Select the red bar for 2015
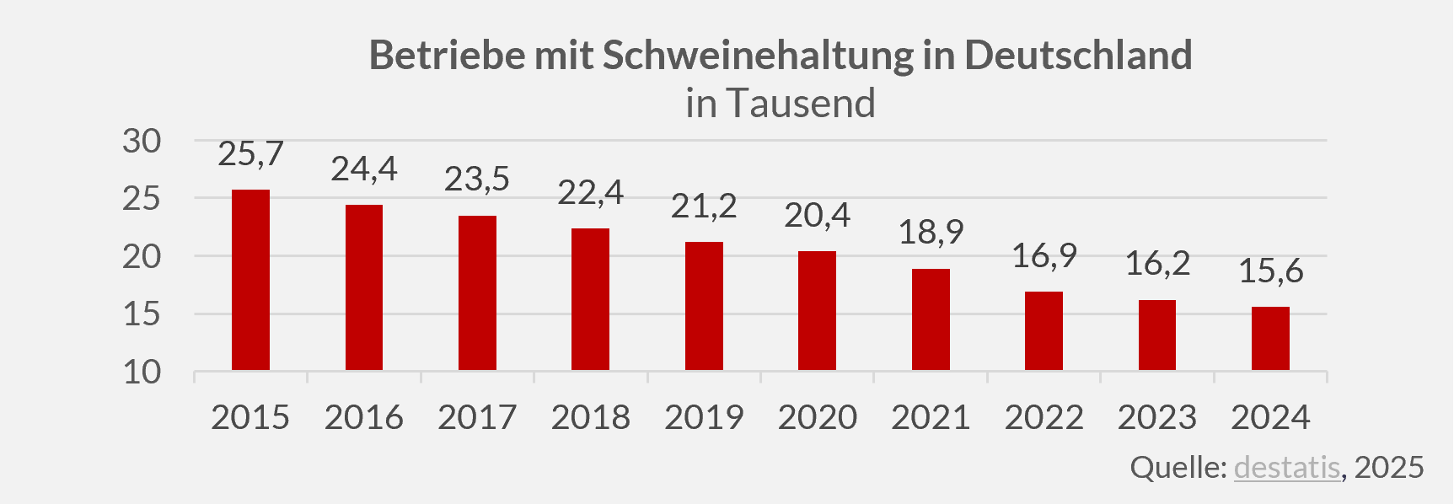pyautogui.click(x=250, y=280)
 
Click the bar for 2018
pyautogui.click(x=590, y=299)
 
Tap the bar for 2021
pyautogui.click(x=931, y=319)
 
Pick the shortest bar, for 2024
pyautogui.click(x=1270, y=338)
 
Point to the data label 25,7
pyautogui.click(x=250, y=154)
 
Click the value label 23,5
pyautogui.click(x=477, y=180)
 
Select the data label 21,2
pyautogui.click(x=704, y=206)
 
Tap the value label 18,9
pyautogui.click(x=931, y=233)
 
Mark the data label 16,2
pyautogui.click(x=1157, y=265)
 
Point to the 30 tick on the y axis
pyautogui.click(x=142, y=142)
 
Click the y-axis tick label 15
pyautogui.click(x=142, y=314)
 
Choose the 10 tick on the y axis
pyautogui.click(x=142, y=372)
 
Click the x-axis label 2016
pyautogui.click(x=364, y=418)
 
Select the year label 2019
pyautogui.click(x=704, y=418)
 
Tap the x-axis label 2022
pyautogui.click(x=1044, y=418)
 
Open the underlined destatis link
pyautogui.click(x=1286, y=467)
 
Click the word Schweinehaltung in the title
pyautogui.click(x=759, y=56)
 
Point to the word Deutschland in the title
pyautogui.click(x=1078, y=56)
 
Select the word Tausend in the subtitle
pyautogui.click(x=801, y=104)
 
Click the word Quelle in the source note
pyautogui.click(x=1177, y=467)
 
